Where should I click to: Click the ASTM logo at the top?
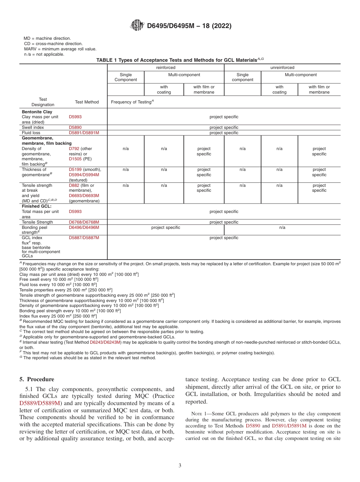pos(137,25)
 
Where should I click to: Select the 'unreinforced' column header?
pos(282,67)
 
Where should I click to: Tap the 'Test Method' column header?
pos(87,102)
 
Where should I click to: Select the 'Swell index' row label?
pos(33,128)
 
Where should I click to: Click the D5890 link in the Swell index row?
pos(75,128)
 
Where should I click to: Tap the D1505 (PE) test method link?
pos(75,159)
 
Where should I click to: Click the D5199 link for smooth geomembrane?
pos(75,170)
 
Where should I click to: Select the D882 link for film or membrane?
pos(74,186)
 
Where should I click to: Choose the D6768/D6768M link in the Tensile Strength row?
pos(84,222)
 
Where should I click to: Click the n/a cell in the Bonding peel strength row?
pos(282,227)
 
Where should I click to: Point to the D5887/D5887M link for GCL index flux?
pos(84,238)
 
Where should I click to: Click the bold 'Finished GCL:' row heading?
pos(36,207)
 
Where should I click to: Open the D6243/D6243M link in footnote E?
pos(105,342)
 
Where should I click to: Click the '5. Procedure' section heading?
pos(37,379)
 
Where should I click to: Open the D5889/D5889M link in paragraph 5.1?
pos(40,403)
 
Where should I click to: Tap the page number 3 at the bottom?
pos(180,466)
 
